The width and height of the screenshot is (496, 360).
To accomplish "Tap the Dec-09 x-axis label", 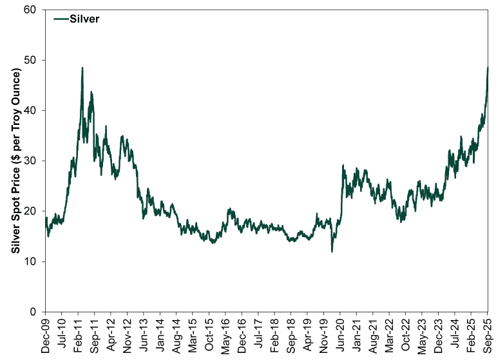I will (45, 336).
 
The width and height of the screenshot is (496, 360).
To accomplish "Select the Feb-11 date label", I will (79, 336).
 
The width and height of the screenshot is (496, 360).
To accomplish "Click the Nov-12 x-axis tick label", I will (128, 336).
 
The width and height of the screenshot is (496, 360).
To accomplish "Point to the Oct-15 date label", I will (210, 336).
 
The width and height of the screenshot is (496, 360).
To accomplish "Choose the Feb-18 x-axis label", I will (275, 336).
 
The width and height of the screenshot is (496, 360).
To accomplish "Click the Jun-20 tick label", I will (341, 336).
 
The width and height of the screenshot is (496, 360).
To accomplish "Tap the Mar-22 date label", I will (390, 336).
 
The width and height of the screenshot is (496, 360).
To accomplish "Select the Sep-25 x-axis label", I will (488, 336).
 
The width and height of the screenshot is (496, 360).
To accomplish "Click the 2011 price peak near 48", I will (82, 68).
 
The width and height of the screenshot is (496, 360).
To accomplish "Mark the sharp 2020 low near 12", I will (332, 251).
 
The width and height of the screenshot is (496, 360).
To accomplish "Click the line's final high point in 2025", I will (488, 68).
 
